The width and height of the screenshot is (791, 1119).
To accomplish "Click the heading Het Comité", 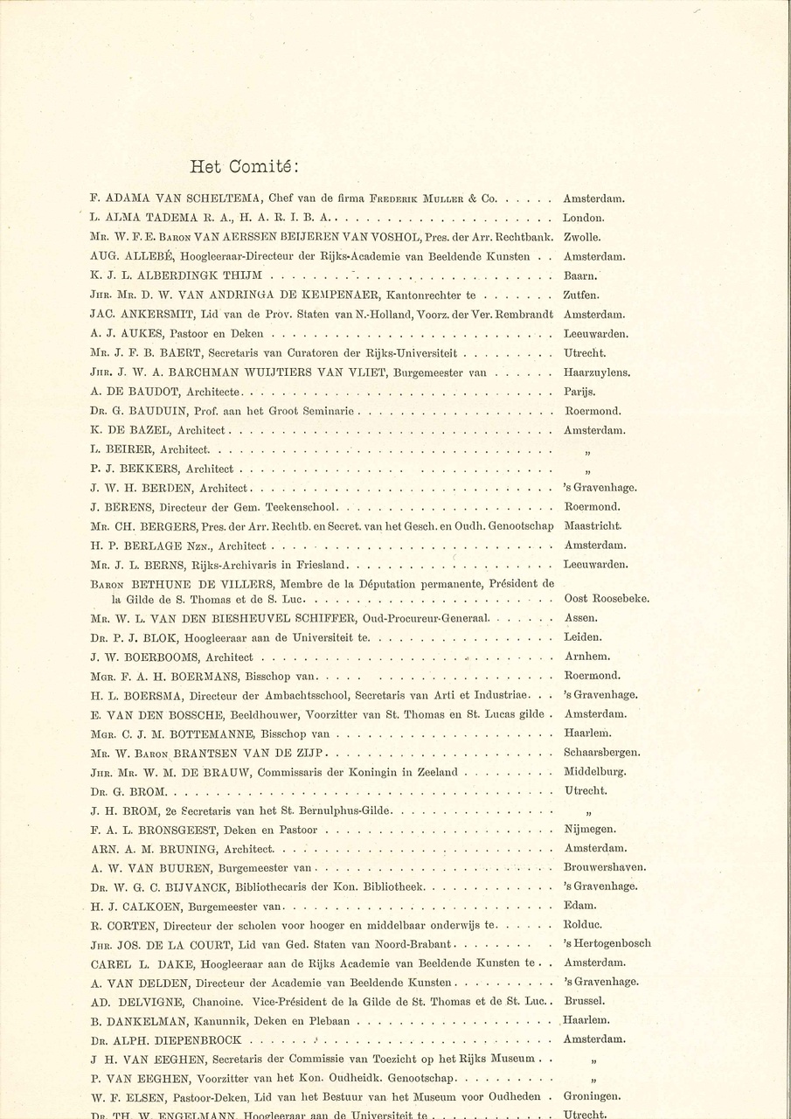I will (x=245, y=166).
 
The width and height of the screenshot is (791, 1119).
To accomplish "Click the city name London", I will (x=583, y=219).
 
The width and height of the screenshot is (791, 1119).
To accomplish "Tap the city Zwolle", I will (x=581, y=238).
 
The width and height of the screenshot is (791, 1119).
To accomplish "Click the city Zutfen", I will (x=581, y=295).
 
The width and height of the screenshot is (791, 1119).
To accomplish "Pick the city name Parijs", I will (x=579, y=392).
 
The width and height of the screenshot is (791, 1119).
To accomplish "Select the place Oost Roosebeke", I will (x=606, y=599).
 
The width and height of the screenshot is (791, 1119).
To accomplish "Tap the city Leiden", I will (x=582, y=637).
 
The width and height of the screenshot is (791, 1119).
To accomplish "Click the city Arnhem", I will (x=586, y=657).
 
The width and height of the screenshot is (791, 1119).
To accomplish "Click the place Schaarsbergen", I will (x=602, y=753).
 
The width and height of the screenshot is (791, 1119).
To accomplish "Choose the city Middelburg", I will (x=595, y=772).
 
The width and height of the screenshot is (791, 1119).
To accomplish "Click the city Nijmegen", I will (x=590, y=830).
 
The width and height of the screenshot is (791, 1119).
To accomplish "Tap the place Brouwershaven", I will (x=605, y=867).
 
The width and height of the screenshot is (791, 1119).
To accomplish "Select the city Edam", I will (x=579, y=906).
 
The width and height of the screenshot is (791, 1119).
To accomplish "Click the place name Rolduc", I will (x=583, y=925).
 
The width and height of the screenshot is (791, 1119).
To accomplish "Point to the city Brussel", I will (x=584, y=1001).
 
